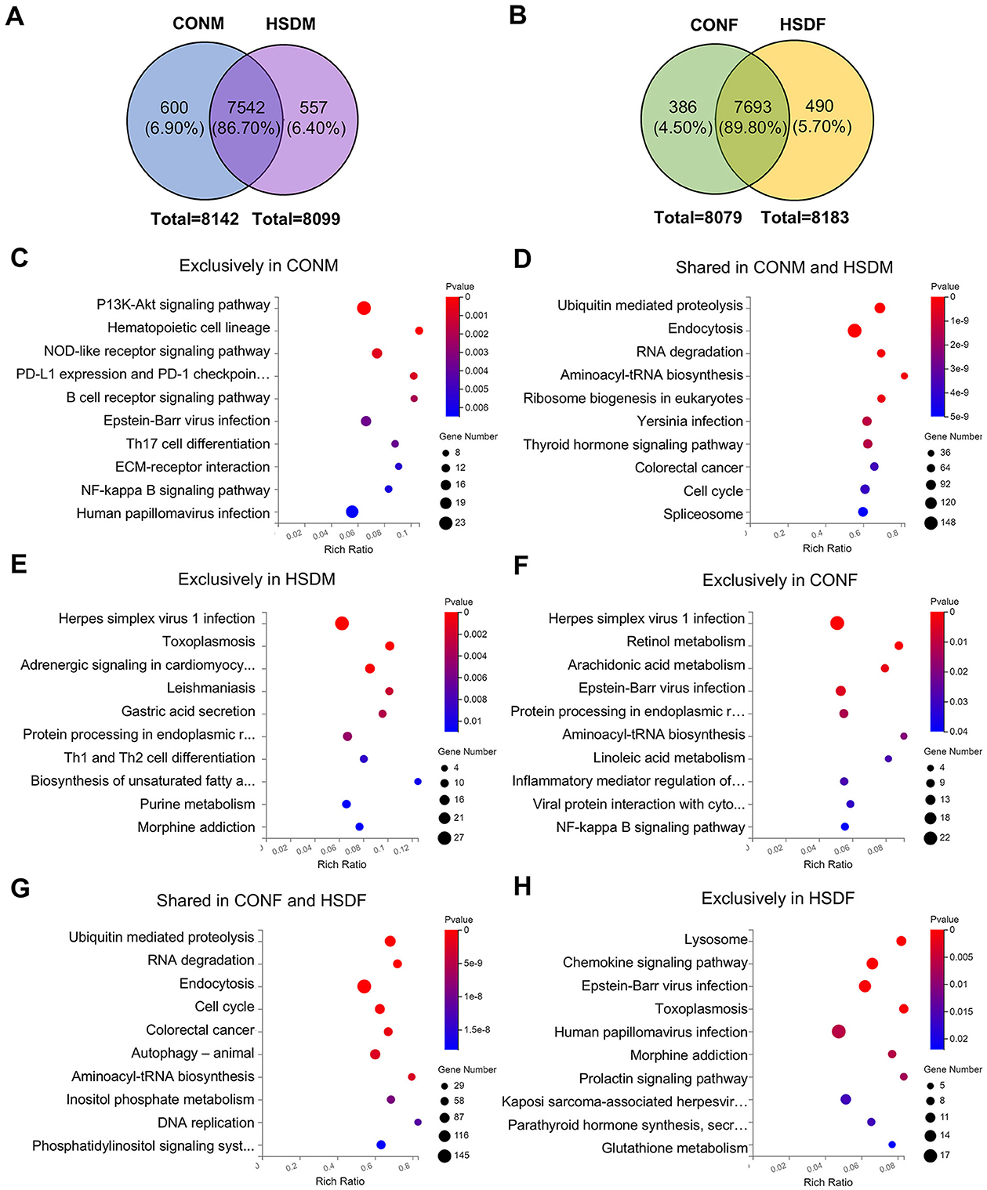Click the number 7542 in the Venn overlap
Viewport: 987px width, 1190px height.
(246, 107)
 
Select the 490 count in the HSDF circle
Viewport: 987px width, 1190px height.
(819, 107)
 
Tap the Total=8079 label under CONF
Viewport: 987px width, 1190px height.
(698, 218)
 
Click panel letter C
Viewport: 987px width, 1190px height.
(20, 258)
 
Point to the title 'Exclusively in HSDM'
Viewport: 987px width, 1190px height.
(256, 579)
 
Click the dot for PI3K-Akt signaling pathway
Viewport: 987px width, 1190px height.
(364, 308)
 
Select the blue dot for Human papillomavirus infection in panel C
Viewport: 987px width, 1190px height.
(352, 512)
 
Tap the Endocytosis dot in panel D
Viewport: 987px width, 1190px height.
(855, 331)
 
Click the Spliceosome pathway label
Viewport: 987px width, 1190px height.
(702, 514)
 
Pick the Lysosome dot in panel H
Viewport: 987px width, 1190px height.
(901, 941)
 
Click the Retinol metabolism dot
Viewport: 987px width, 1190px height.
(898, 646)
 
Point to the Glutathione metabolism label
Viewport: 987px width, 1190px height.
(674, 1148)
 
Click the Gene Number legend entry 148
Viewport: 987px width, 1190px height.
(948, 522)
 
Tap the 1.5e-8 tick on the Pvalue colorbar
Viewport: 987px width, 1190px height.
(477, 1029)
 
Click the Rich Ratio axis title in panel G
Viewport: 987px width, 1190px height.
(339, 1181)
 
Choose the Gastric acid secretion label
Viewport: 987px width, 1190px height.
(188, 711)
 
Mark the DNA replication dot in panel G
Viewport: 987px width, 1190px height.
(418, 1122)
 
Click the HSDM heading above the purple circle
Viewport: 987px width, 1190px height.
(290, 24)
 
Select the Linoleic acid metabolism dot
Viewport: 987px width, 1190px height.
(888, 758)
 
